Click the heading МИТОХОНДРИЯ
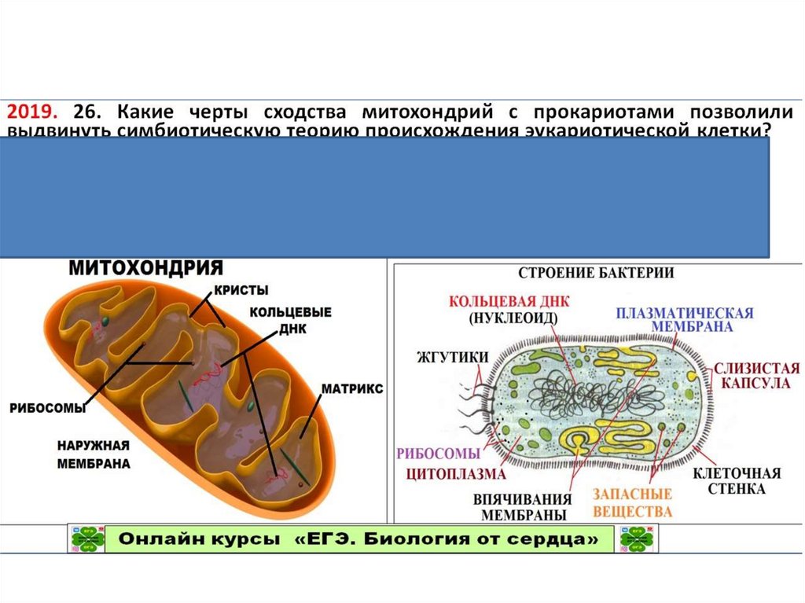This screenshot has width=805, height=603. point(146,268)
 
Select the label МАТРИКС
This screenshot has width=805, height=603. point(351,389)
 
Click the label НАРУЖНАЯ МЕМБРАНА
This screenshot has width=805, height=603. point(93,454)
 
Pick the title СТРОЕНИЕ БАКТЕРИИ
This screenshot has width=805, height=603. point(594,273)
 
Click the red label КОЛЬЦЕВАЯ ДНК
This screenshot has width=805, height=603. point(509,302)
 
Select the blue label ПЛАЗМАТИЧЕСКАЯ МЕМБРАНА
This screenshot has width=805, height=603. point(685,319)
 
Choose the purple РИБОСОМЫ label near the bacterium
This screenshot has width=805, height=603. point(438,454)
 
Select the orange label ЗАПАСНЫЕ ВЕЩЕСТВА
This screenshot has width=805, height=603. point(632,502)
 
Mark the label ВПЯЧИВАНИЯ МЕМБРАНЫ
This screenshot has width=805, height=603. point(520,507)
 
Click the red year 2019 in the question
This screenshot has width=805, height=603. point(34,111)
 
